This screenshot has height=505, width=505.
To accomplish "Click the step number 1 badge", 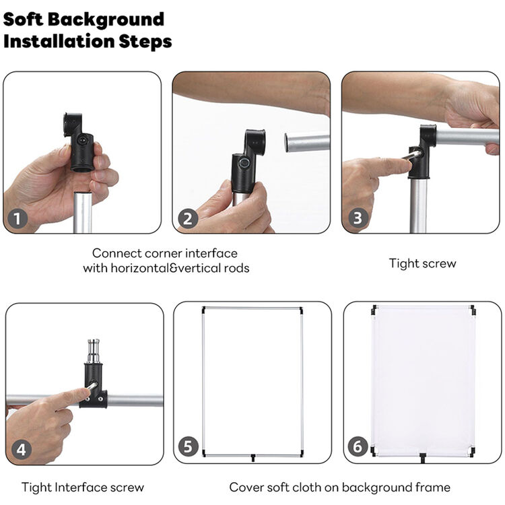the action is tap(17, 219).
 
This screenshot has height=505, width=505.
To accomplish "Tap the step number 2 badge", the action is tap(188, 219).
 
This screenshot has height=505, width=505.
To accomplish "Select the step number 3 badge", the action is tap(358, 217).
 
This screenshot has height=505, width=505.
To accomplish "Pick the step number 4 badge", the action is tap(22, 450).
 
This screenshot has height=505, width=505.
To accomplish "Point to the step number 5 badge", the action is tap(188, 446).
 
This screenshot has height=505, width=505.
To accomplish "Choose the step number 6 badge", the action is tap(358, 446).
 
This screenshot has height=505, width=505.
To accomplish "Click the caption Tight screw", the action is tap(423, 263).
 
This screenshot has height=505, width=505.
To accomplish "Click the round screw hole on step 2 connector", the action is tap(244, 163).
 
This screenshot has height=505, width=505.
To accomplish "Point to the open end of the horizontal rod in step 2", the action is tap(288, 142).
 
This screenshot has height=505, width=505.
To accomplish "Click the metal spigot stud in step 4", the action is tap(94, 351).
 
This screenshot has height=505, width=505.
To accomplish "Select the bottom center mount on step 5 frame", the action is tap(252, 457).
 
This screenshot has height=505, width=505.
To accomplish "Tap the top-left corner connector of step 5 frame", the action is tap(203, 310).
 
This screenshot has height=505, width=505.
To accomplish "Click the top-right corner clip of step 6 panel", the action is tap(473, 310).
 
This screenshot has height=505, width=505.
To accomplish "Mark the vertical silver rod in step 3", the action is tap(418, 205).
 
